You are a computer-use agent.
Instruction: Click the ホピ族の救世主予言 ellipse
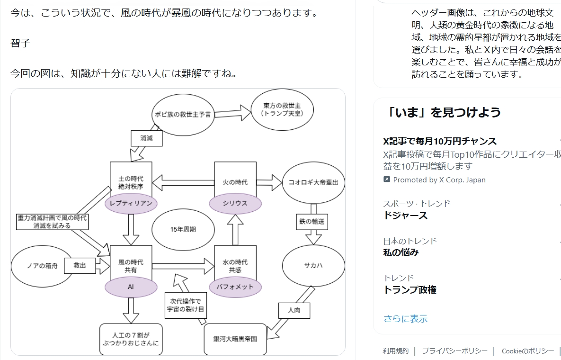[x=183, y=114]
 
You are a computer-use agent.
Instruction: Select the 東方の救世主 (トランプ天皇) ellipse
[x=282, y=110]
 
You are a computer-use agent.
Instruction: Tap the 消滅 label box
[x=147, y=138]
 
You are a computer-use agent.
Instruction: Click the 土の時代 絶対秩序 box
[x=131, y=179]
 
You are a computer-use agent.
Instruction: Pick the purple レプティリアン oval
[x=131, y=203]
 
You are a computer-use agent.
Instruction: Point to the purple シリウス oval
[x=235, y=203]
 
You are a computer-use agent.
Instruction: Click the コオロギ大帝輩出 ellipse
[x=313, y=182]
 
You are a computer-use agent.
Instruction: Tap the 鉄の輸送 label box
[x=313, y=221]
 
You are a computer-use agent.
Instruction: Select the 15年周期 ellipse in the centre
[x=183, y=229]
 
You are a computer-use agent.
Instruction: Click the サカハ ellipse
[x=313, y=266]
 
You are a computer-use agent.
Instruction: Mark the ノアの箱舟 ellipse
[x=42, y=266]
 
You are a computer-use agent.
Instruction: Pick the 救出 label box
[x=80, y=266]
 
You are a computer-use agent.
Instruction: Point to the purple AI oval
[x=131, y=287]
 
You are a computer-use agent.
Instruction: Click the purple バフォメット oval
[x=235, y=287]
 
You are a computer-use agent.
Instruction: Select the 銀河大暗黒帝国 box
[x=235, y=339]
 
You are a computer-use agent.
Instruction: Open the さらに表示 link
[x=405, y=319]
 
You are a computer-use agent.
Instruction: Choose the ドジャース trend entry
[x=405, y=216]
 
